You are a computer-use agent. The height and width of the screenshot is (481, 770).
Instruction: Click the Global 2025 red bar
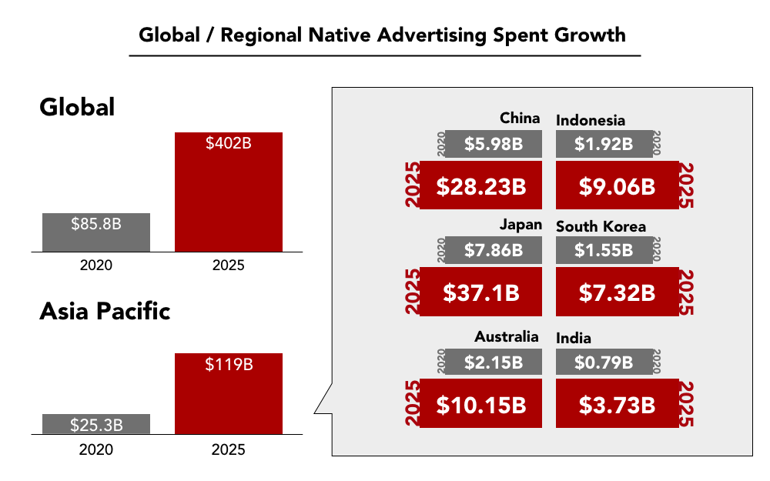229,192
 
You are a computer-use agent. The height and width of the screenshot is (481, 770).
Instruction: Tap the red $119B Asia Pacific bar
229,393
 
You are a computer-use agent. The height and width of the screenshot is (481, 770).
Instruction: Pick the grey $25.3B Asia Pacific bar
96,424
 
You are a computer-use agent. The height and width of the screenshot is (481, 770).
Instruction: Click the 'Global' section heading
77,107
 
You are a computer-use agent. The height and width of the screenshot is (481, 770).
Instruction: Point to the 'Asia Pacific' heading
105,312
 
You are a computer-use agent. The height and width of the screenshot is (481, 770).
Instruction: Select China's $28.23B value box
481,185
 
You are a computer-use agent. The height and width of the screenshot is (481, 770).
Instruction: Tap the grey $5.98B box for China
494,144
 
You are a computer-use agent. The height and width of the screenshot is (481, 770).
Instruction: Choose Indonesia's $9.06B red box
617,185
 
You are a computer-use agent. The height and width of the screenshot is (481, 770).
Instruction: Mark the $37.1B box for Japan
481,292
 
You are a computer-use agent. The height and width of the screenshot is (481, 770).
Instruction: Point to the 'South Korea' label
601,226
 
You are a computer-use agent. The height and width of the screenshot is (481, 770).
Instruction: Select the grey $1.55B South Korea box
604,250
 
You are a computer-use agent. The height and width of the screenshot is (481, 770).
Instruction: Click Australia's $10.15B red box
481,404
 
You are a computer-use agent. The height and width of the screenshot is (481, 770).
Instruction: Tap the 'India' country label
574,338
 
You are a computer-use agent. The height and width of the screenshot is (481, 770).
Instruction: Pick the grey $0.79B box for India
604,362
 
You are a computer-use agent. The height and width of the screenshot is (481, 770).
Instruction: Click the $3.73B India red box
617,404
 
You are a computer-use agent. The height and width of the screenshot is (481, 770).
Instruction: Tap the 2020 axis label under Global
96,265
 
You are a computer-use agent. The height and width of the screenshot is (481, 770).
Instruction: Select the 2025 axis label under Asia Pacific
229,449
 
